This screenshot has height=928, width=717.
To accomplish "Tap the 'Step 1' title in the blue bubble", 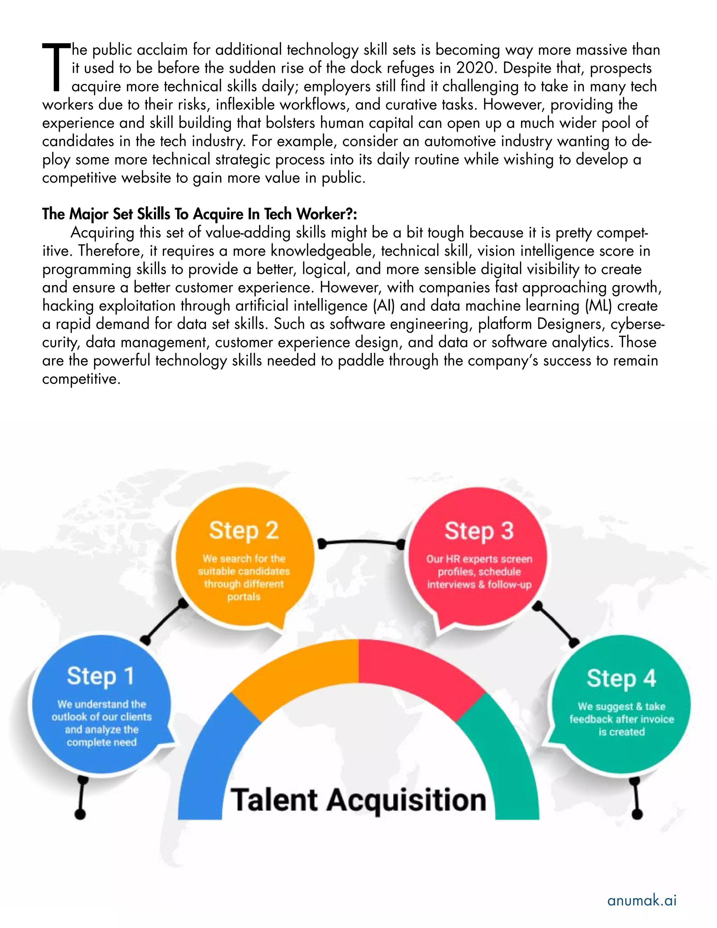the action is [101, 677].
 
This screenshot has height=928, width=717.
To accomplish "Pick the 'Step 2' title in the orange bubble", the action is [244, 531].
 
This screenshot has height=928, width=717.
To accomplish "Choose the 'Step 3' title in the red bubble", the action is [479, 531].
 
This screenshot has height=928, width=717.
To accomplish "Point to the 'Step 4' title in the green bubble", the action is [621, 679].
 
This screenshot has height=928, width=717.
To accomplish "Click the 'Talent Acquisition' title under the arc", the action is [358, 800].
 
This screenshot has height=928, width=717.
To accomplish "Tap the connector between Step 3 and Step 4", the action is [556, 623].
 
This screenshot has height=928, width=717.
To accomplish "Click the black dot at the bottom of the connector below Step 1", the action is [80, 814].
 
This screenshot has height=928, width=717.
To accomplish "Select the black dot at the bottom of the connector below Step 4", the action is [637, 814].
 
